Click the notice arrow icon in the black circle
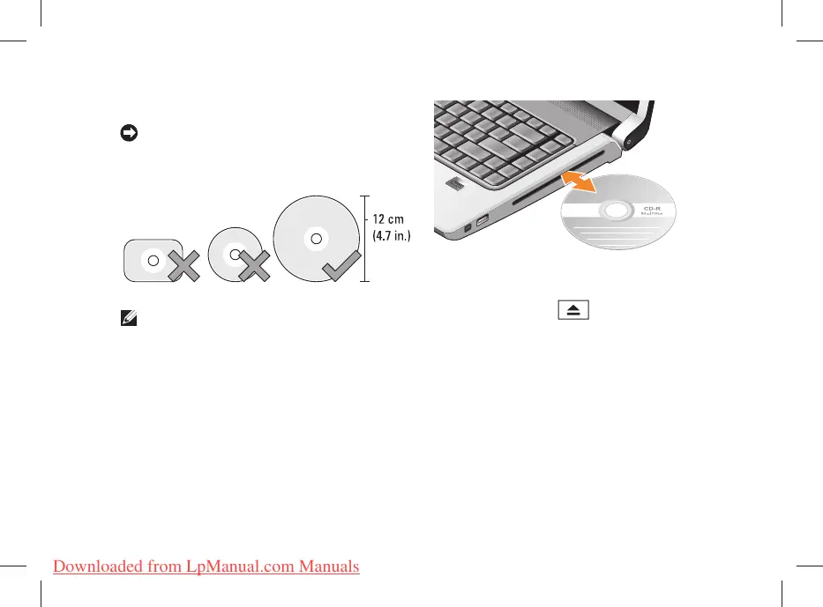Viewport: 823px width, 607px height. pos(128,133)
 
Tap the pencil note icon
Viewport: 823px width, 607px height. pos(126,321)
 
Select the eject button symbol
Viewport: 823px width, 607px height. pos(572,311)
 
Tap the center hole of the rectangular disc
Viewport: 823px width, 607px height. pos(153,261)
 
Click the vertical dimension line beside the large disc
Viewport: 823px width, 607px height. pos(365,238)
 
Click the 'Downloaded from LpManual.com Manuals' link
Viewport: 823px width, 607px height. pos(206,566)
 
